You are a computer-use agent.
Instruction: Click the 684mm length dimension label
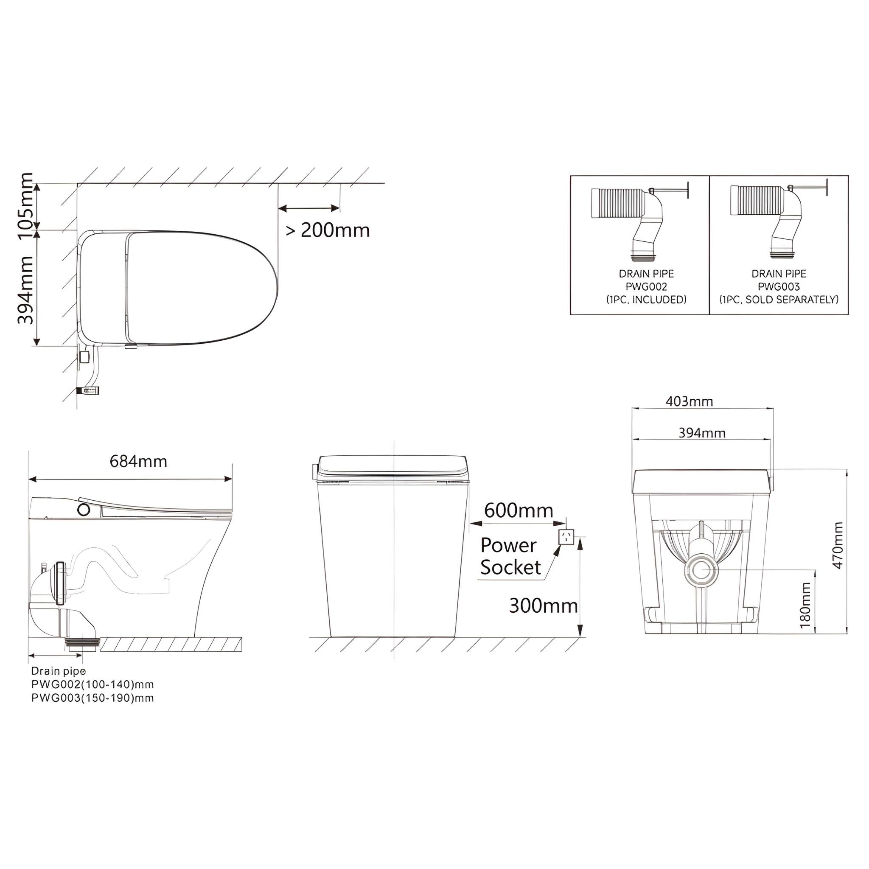click(x=138, y=462)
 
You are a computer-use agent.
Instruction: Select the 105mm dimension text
click(x=25, y=205)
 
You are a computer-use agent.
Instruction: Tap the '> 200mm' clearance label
click(x=328, y=230)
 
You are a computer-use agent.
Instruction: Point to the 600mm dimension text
click(x=518, y=510)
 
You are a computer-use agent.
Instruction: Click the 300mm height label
click(x=543, y=606)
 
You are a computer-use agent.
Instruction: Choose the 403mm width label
click(x=689, y=401)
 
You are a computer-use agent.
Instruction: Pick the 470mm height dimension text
click(x=838, y=545)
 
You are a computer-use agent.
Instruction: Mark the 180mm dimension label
click(x=806, y=605)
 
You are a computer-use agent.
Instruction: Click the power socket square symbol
click(x=566, y=537)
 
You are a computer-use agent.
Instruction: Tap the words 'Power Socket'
click(x=510, y=556)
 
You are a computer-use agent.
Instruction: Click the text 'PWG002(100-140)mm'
click(x=93, y=684)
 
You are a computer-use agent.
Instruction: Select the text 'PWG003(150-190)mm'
click(x=93, y=698)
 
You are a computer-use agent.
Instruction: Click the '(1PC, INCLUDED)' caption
click(x=646, y=300)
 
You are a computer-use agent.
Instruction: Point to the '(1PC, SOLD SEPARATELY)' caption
click(x=779, y=300)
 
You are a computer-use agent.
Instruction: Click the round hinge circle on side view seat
click(x=84, y=510)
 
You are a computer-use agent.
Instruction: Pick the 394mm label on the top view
click(x=25, y=290)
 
